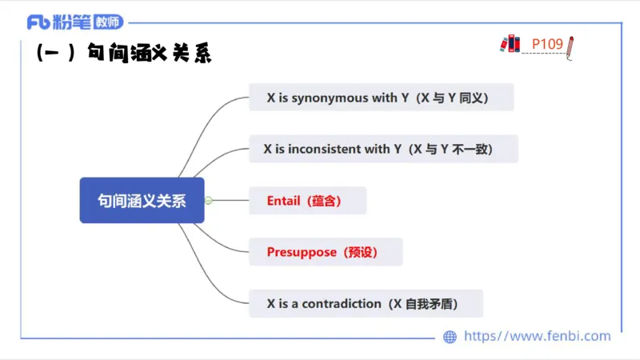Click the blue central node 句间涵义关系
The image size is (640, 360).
142,200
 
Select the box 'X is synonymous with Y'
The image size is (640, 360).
381,98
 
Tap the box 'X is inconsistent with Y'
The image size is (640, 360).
383,149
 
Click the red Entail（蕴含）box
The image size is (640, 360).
307,201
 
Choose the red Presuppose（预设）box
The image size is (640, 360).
325,252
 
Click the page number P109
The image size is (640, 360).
547,43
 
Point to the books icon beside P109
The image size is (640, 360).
510,44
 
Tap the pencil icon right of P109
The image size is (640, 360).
570,47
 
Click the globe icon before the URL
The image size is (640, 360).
450,337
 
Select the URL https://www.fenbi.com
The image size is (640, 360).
537,337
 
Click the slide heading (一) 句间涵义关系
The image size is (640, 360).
124,54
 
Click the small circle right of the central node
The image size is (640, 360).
208,200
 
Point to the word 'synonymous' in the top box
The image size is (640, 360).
329,98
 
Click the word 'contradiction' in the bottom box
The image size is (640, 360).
342,303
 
